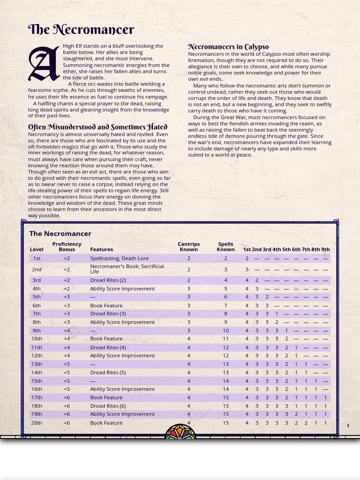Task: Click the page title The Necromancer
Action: (81, 30)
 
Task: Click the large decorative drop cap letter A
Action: (44, 64)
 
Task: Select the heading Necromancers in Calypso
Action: (228, 46)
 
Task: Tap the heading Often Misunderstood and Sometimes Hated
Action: (97, 127)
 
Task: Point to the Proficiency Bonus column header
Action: (67, 247)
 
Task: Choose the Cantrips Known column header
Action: (188, 247)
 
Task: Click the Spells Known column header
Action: (225, 247)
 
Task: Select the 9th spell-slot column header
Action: (325, 249)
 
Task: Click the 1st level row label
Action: (37, 258)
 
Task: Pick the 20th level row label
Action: (37, 423)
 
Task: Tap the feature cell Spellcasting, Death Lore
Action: (119, 258)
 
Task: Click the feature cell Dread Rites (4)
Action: (108, 347)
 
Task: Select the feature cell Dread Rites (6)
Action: (108, 406)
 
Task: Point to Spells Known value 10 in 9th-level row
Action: (225, 330)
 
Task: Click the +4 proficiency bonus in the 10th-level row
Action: (67, 339)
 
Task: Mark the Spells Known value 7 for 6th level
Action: (225, 306)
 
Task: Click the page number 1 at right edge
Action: (348, 426)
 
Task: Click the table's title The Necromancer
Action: (60, 233)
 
